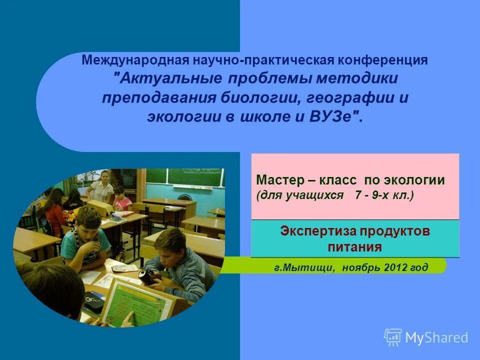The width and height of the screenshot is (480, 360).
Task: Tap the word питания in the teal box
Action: (x=355, y=247)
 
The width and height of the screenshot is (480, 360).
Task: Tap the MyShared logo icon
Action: (x=393, y=337)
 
